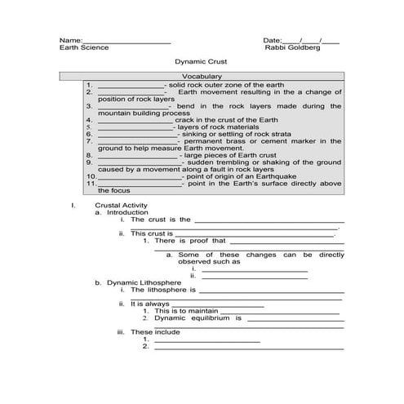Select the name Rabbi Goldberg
(293, 48)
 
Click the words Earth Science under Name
(84, 48)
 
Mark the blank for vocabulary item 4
(135, 121)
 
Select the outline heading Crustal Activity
(121, 205)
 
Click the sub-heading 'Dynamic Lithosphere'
(140, 282)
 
